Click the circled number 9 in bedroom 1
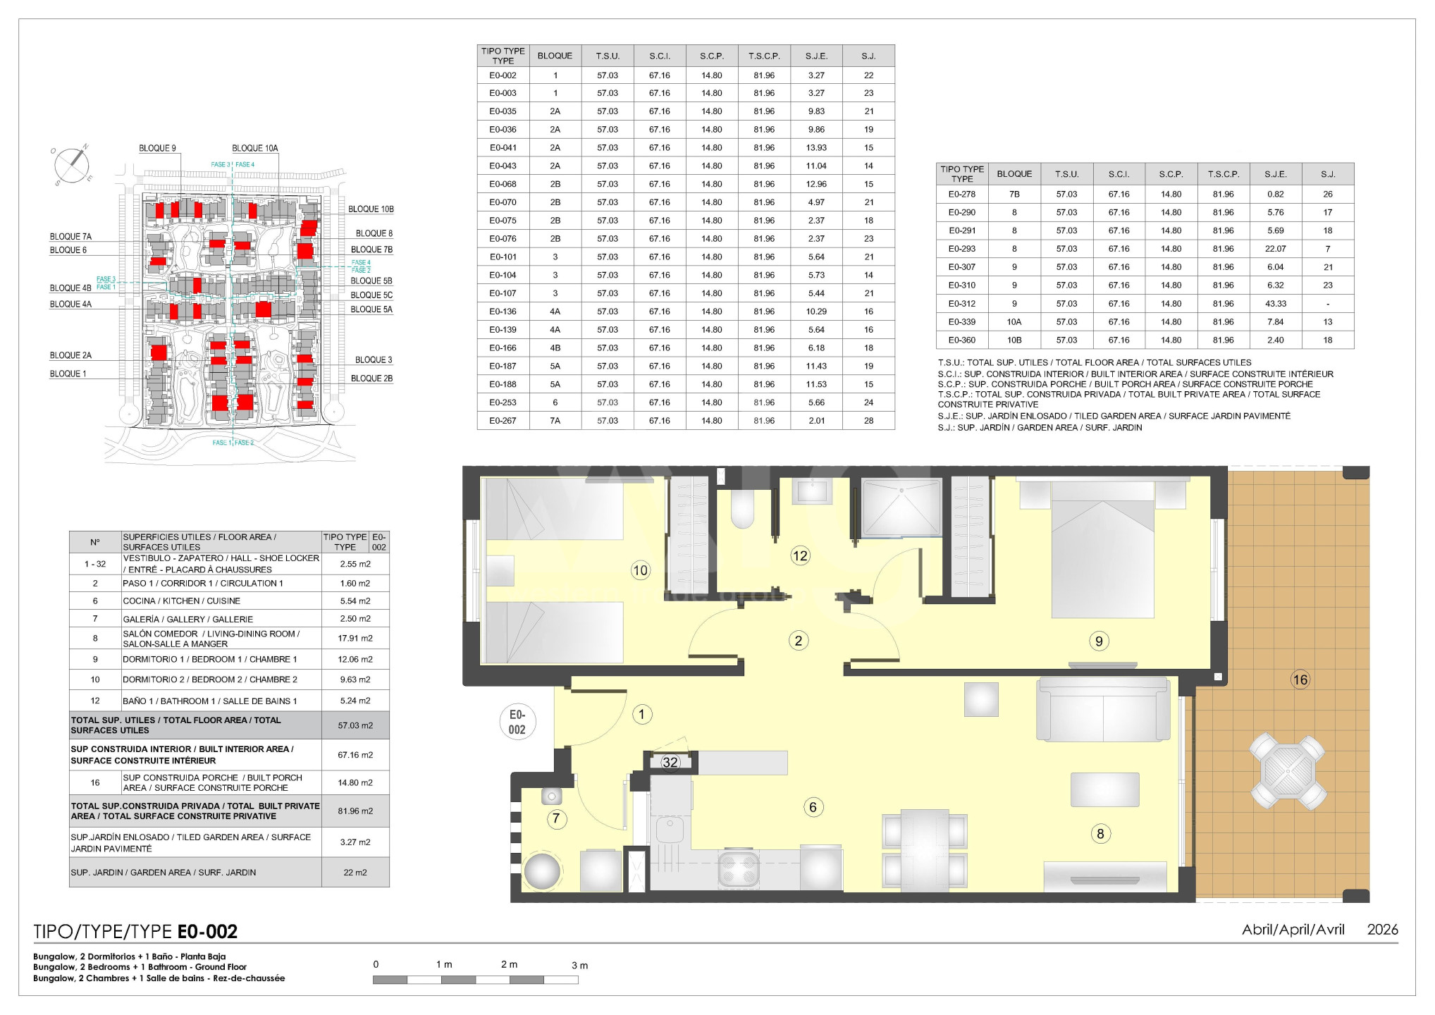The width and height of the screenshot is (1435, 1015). point(1099,641)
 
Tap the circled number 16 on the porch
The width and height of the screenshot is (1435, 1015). point(1300,679)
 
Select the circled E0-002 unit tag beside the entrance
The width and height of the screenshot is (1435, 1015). point(517,722)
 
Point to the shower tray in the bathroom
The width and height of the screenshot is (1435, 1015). point(901,508)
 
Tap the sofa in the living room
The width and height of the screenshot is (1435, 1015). point(1103,708)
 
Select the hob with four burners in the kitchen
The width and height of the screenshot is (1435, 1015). point(738,869)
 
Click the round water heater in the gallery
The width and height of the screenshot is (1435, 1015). point(542,871)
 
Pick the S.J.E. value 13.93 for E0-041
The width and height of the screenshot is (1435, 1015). point(816,148)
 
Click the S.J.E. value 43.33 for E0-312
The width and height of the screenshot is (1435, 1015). point(1276,304)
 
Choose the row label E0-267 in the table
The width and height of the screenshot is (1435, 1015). point(503,421)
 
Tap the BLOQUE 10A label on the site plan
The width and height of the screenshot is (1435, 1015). point(255,148)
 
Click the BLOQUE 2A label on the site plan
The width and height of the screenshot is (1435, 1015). point(70,355)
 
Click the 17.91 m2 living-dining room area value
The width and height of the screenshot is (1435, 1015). point(355,639)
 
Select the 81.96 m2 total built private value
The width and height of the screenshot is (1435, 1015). point(355,811)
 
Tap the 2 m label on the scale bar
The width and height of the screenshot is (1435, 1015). point(509,964)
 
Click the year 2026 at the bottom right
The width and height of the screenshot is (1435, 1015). point(1382,930)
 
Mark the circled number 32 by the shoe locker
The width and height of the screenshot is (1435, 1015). point(670,762)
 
